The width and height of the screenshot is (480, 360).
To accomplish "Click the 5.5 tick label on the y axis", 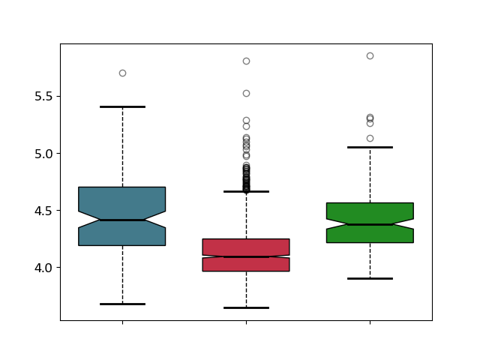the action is (x=43, y=97).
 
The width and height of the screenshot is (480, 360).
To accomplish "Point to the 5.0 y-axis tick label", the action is (x=43, y=154).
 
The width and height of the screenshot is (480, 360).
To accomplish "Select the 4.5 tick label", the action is (x=43, y=211).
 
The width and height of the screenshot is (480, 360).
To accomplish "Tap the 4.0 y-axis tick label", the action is (x=43, y=268).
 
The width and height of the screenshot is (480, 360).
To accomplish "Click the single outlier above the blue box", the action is (x=123, y=73).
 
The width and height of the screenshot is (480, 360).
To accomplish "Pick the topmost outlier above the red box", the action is (x=247, y=61).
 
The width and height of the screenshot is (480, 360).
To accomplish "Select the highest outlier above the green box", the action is (x=370, y=56).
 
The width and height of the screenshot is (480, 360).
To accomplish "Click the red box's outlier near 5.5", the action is (x=247, y=93).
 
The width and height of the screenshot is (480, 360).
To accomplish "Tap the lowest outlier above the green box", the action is (x=370, y=138).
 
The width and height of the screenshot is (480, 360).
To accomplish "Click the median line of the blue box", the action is (x=123, y=220).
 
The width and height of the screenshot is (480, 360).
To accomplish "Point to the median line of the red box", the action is (x=247, y=256).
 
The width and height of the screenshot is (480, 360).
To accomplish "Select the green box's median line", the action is (x=370, y=225).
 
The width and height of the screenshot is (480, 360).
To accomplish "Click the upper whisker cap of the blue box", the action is (x=123, y=106).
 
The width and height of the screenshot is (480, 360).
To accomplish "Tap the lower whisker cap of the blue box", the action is (x=123, y=304).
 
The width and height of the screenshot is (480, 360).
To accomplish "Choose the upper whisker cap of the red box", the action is (x=247, y=192).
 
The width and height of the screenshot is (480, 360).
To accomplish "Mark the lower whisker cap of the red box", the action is (x=247, y=307).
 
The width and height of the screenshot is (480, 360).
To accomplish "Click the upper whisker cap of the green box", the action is (x=370, y=148).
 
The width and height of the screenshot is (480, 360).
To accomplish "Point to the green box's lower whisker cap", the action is (x=370, y=278).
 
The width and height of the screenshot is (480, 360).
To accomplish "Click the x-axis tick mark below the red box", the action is (x=247, y=322).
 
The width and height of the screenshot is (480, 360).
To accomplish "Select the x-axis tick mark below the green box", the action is (x=370, y=322).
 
